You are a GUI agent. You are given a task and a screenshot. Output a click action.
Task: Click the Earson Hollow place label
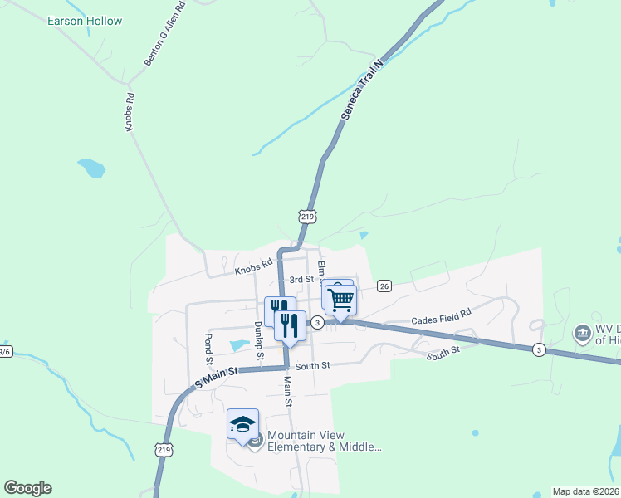tap(85, 21)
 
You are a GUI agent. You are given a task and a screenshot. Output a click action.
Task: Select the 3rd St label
tap(301, 280)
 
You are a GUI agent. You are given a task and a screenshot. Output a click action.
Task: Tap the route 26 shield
tap(384, 286)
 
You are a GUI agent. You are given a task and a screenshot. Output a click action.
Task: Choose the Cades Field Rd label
tap(441, 316)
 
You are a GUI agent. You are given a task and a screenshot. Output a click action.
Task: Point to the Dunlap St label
tap(259, 340)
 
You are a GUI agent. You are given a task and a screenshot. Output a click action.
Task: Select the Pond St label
tap(208, 349)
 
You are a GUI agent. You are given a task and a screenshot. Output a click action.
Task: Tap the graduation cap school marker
tap(242, 424)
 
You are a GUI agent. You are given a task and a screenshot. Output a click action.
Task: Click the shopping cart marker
tap(340, 300)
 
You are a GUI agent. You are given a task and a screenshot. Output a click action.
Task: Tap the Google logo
tap(27, 488)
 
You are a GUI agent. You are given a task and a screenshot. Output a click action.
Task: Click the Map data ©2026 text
tap(585, 491)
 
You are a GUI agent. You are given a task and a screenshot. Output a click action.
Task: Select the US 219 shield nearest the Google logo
tap(162, 448)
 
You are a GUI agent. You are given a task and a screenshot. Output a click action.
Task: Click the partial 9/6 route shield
tap(5, 351)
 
